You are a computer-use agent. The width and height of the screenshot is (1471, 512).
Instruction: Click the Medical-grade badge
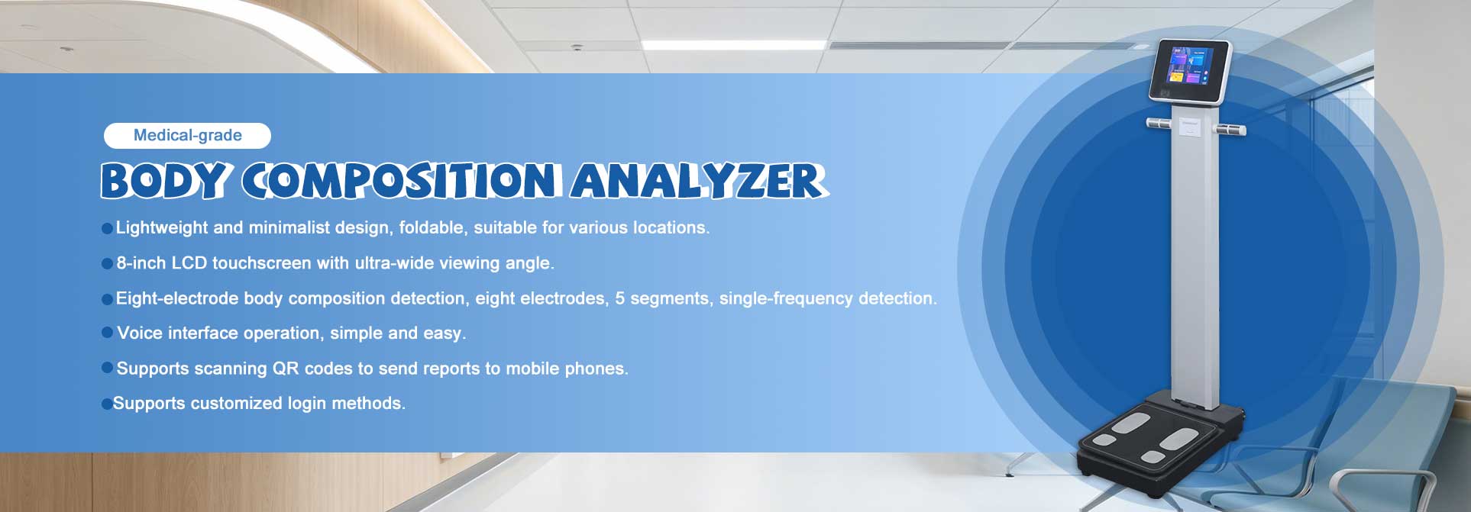click(x=187, y=136)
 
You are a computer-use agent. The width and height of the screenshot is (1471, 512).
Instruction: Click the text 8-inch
click(x=141, y=263)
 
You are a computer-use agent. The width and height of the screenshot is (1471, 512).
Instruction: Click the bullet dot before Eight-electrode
click(x=107, y=299)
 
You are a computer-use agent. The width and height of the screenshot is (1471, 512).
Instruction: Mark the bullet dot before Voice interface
click(x=107, y=333)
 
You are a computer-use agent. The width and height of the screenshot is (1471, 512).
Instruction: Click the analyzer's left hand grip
click(x=1159, y=123)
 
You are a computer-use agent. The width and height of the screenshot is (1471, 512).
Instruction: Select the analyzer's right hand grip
click(x=1232, y=129)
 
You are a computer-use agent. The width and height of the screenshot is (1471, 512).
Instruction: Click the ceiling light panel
click(x=733, y=45)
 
